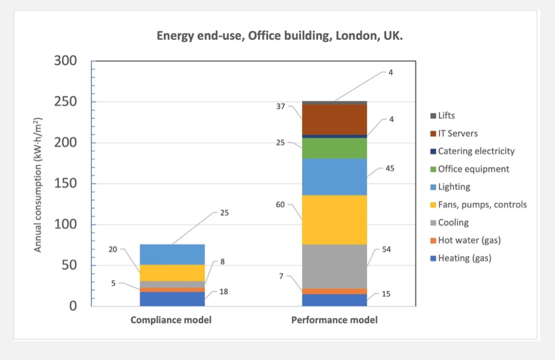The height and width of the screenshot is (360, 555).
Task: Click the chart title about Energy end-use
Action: (280, 35)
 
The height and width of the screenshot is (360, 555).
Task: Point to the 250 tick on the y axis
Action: (65, 102)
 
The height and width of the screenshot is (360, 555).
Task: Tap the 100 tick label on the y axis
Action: (65, 224)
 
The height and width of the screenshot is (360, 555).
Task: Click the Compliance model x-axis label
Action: (171, 320)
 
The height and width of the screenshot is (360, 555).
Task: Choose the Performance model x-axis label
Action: (334, 320)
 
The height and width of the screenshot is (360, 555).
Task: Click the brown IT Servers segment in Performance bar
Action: (334, 119)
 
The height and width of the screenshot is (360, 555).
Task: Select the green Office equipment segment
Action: (334, 148)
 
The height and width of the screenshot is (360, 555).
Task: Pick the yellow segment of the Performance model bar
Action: (334, 220)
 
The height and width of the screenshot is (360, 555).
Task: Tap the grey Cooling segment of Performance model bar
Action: (334, 266)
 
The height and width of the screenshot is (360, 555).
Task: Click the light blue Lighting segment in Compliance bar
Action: (172, 254)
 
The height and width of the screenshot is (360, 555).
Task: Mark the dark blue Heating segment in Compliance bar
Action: (172, 299)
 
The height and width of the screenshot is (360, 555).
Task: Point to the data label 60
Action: (281, 205)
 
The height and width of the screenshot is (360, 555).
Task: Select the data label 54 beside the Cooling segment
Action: (386, 249)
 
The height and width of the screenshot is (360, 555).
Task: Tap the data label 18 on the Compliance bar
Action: (224, 292)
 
